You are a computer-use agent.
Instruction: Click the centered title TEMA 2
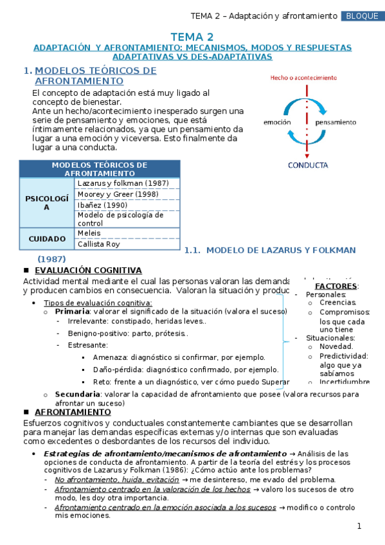click(192, 37)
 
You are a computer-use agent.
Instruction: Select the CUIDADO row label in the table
click(47, 239)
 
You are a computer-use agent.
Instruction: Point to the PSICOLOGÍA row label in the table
click(47, 203)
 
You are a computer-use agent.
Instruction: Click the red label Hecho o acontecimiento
click(303, 78)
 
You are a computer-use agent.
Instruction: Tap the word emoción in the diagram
click(278, 122)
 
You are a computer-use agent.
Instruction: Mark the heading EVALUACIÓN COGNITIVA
click(88, 271)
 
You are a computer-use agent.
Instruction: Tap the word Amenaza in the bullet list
click(110, 357)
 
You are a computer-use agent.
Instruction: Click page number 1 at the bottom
click(360, 527)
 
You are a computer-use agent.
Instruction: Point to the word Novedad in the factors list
click(336, 346)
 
